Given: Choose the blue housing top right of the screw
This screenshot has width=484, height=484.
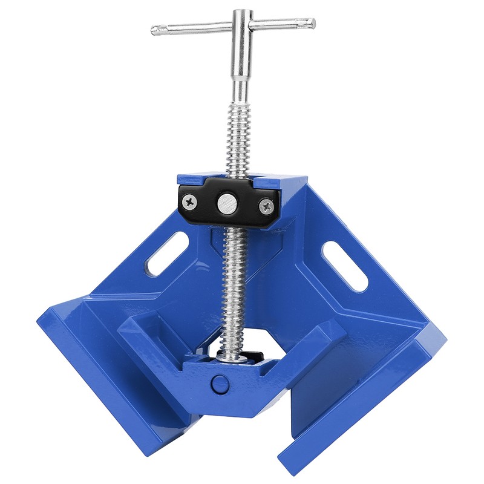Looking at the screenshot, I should pos(284,180).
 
